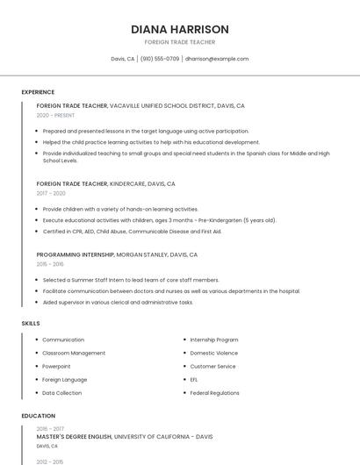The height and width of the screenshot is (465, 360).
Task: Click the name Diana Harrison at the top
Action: click(x=180, y=29)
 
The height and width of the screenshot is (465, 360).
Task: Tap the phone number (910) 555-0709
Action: click(x=160, y=59)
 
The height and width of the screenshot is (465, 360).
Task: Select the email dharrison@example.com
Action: click(x=217, y=59)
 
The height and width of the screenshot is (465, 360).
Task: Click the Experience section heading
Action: click(x=38, y=92)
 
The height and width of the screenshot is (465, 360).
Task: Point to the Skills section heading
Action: click(x=31, y=323)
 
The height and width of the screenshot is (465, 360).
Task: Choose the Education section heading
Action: click(x=38, y=416)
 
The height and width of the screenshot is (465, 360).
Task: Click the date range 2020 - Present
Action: click(x=55, y=115)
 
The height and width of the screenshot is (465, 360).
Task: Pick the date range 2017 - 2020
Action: click(x=51, y=193)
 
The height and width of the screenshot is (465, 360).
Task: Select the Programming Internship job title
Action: click(x=76, y=254)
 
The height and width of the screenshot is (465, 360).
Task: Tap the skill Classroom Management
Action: click(x=74, y=353)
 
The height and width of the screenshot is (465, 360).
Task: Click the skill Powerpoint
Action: click(x=56, y=366)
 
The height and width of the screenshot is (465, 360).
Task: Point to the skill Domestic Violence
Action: click(x=214, y=353)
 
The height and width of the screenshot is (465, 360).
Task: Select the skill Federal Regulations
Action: click(x=215, y=393)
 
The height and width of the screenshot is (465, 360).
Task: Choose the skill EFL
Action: click(x=194, y=380)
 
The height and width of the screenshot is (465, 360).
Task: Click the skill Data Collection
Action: click(x=62, y=393)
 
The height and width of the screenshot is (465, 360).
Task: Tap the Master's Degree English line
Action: click(x=124, y=436)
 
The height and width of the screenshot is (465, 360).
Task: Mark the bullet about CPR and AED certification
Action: click(x=132, y=232)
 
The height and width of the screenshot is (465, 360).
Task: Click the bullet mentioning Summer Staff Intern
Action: click(x=130, y=280)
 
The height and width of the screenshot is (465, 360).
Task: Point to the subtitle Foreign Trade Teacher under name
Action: click(x=180, y=42)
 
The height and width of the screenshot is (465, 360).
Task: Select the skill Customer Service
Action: click(x=213, y=366)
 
